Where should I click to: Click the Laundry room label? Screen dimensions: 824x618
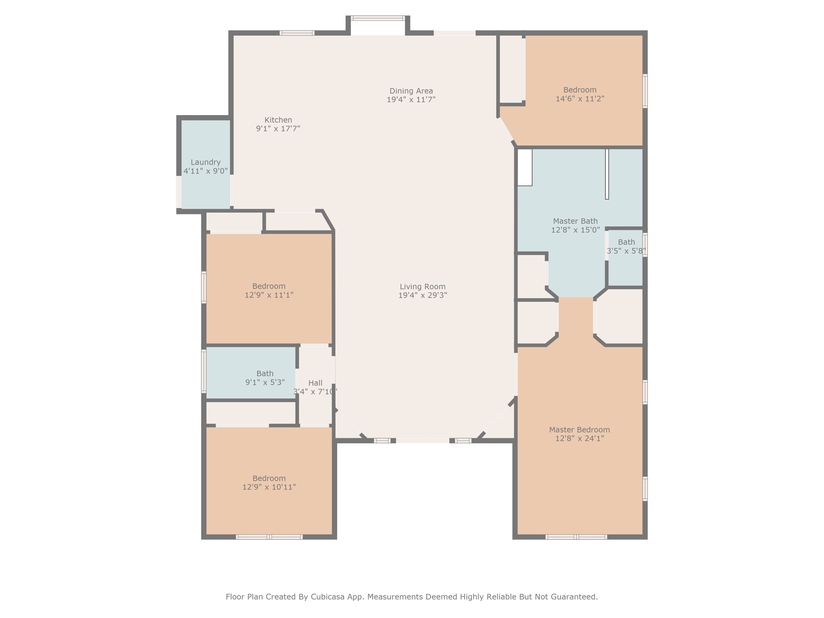click(206, 162)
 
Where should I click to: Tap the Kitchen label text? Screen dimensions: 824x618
click(278, 120)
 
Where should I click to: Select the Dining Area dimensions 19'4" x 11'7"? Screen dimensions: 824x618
click(411, 99)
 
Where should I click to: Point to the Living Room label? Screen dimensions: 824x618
click(422, 286)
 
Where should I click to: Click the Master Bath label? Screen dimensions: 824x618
click(575, 221)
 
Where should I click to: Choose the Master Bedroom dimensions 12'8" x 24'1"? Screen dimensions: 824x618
click(580, 438)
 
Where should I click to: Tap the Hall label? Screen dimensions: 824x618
click(315, 383)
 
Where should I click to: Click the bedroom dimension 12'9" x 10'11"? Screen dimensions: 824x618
click(269, 487)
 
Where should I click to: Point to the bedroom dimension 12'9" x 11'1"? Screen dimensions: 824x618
click(269, 295)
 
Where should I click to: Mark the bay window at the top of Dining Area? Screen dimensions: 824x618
click(378, 18)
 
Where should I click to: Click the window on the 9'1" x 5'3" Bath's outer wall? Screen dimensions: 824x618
click(204, 371)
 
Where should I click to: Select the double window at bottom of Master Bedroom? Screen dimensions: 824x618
click(576, 537)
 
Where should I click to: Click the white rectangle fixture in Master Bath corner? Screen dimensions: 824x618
click(525, 167)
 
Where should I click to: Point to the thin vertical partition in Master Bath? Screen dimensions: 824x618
click(607, 174)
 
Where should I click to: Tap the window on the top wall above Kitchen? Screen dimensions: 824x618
click(297, 33)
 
